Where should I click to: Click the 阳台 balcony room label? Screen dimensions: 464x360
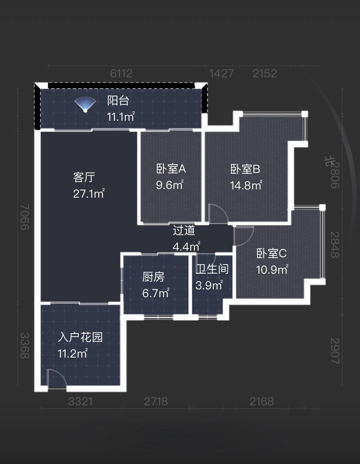click(x=118, y=101)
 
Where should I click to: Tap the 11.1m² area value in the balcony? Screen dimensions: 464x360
click(x=121, y=116)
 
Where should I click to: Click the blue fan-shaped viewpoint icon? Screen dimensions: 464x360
click(x=85, y=104)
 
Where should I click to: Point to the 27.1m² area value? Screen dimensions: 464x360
click(x=89, y=193)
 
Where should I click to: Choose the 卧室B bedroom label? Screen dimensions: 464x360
click(x=245, y=169)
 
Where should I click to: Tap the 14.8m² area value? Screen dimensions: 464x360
click(x=246, y=186)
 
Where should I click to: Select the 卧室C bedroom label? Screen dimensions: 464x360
click(x=271, y=253)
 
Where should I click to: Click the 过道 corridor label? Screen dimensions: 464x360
click(x=184, y=231)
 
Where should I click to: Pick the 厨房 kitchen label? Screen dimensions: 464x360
click(x=153, y=277)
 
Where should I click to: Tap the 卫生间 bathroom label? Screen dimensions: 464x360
click(x=212, y=269)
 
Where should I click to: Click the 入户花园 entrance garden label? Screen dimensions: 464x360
click(x=80, y=337)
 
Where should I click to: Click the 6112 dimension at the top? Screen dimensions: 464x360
click(x=121, y=73)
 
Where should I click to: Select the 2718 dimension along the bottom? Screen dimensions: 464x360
click(x=156, y=402)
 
